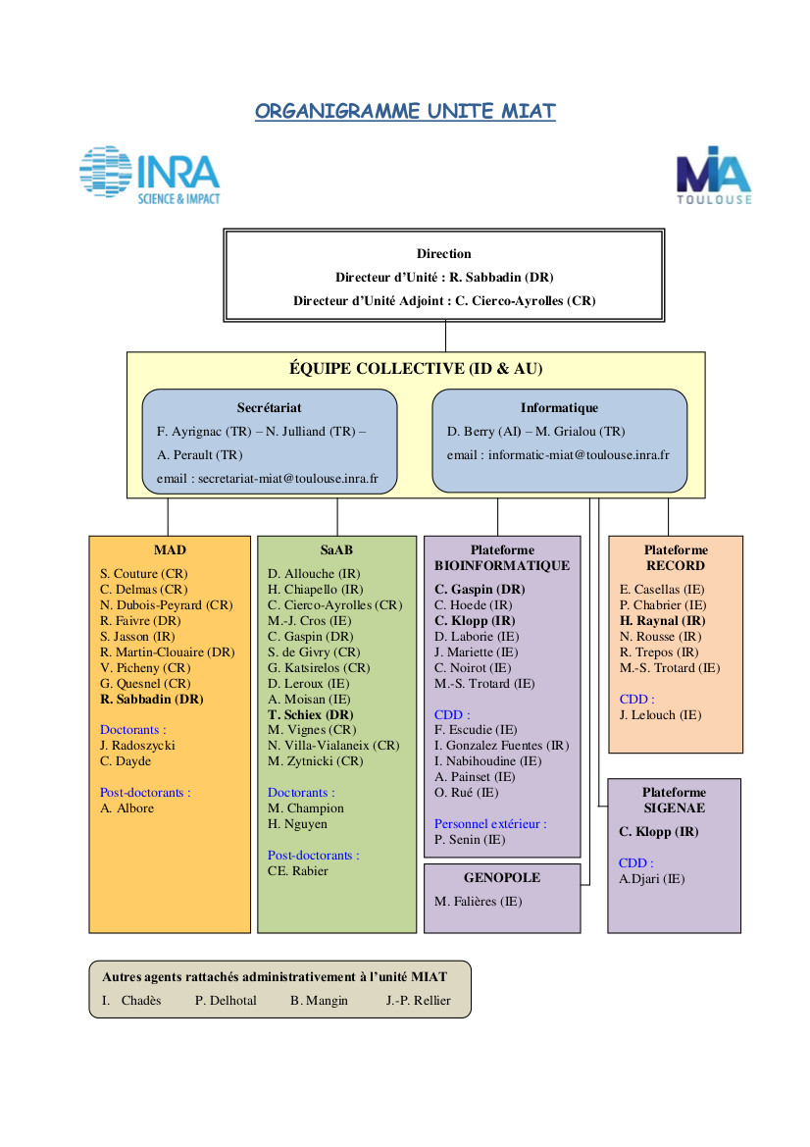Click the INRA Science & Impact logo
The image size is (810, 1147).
tap(150, 175)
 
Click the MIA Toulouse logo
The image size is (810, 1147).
tap(714, 176)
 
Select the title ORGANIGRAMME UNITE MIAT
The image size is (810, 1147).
tap(405, 111)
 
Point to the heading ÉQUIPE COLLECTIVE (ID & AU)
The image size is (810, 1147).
tap(416, 369)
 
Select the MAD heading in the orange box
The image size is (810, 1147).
tap(170, 550)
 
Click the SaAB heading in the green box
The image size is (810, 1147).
tap(336, 550)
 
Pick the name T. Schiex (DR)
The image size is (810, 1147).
tap(311, 714)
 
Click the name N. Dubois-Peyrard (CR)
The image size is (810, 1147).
tap(167, 605)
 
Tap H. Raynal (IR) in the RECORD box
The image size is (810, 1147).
tap(662, 620)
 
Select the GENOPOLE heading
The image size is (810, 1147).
tap(502, 878)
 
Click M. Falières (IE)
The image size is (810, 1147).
tap(479, 901)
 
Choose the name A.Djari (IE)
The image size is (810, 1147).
tap(652, 878)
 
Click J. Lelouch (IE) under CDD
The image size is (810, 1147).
tap(660, 714)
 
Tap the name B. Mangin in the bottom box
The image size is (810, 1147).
tap(319, 1000)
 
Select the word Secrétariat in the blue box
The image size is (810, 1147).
tap(269, 407)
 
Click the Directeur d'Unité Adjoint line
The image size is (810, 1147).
tap(444, 300)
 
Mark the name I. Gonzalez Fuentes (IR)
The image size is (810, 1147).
tap(501, 746)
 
